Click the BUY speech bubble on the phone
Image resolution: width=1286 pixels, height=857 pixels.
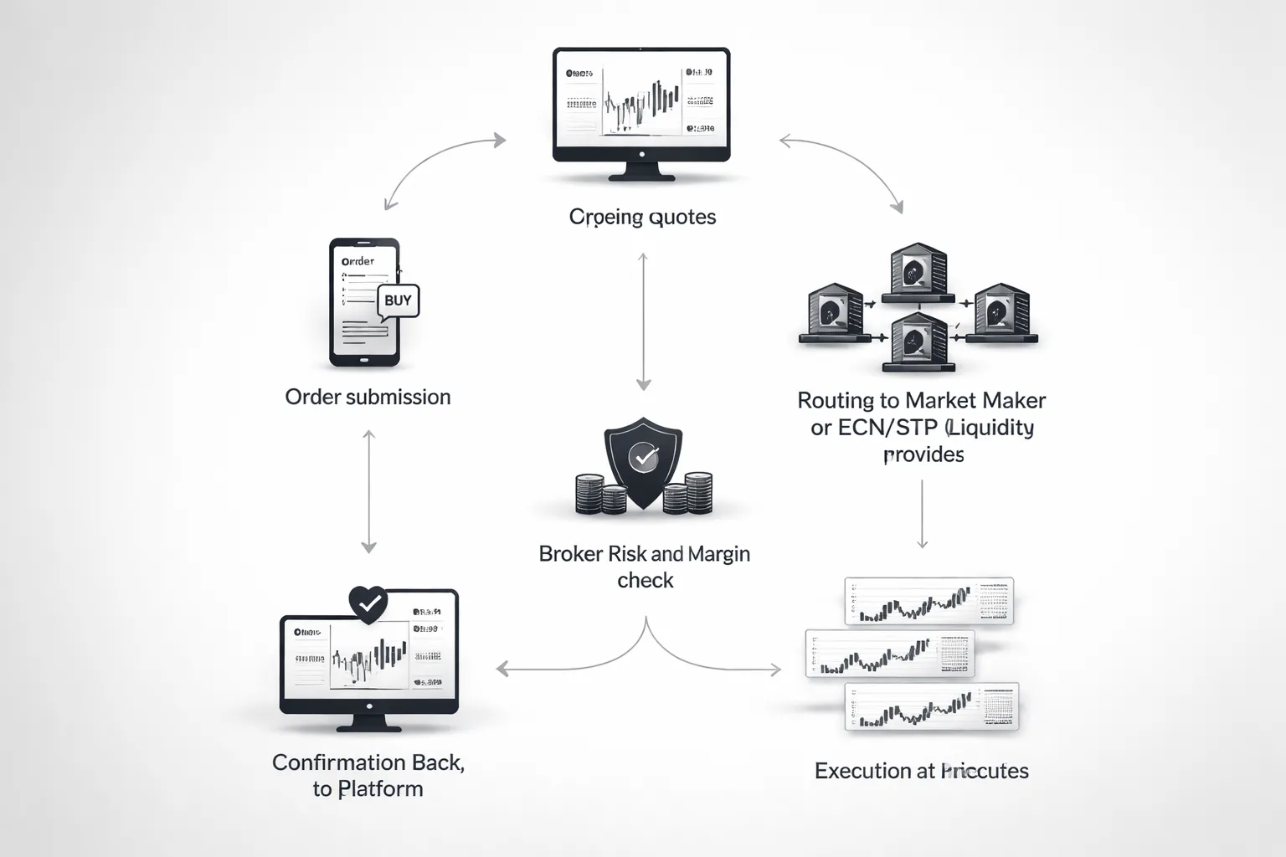[398, 300]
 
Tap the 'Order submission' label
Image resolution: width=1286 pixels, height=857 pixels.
[368, 397]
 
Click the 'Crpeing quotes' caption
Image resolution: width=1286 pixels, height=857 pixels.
[642, 217]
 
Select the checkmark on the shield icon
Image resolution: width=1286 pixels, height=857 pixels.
[643, 456]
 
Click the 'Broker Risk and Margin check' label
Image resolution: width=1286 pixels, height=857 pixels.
[644, 567]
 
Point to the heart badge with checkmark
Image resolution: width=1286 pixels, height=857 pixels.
[368, 603]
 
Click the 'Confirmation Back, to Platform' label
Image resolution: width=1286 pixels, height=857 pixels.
[368, 775]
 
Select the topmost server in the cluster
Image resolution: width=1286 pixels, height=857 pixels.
[918, 273]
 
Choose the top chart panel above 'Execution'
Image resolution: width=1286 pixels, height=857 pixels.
[928, 601]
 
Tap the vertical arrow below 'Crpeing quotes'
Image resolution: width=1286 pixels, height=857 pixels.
[643, 322]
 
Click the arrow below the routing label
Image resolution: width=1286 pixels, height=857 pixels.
[922, 514]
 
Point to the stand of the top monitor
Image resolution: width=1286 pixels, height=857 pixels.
[642, 171]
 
